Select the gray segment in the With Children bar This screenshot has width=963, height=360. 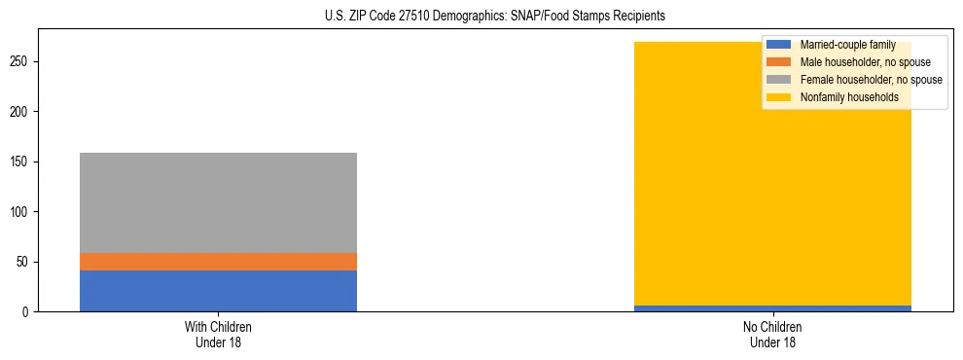click(218, 202)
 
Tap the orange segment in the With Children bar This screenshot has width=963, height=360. click(218, 262)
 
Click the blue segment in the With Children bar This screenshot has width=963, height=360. click(218, 291)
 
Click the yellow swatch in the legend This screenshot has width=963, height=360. click(779, 97)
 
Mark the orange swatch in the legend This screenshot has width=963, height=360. click(779, 62)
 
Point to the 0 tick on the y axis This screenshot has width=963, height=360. click(28, 312)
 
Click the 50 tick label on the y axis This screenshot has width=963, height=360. click(25, 262)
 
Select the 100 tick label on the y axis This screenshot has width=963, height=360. click(22, 212)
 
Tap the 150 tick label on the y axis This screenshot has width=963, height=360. click(22, 162)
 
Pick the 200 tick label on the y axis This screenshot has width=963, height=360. click(22, 112)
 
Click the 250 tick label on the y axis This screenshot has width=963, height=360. click(22, 61)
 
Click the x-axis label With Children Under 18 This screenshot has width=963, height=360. click(218, 334)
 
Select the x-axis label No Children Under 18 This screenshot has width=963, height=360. click(772, 334)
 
